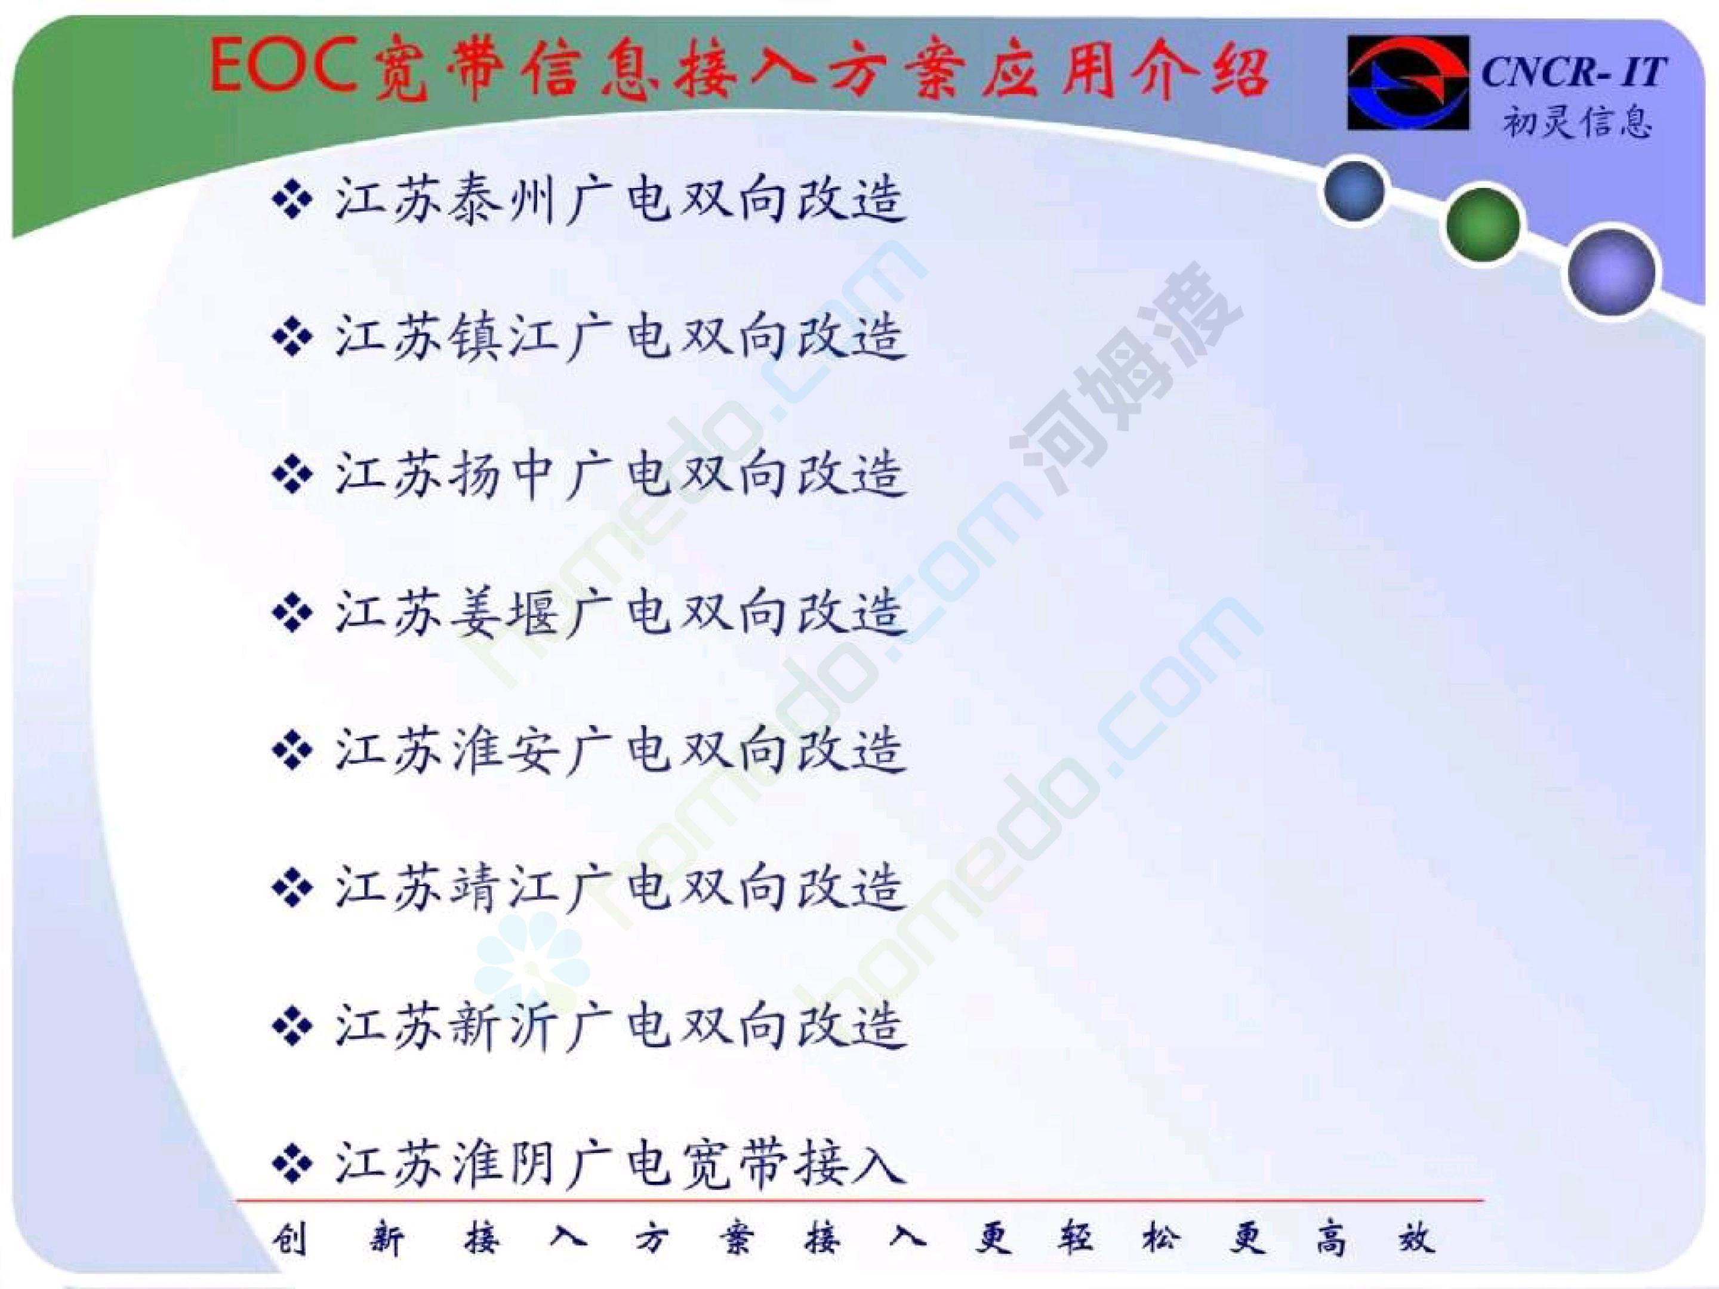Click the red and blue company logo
(1408, 82)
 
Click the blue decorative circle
(1354, 190)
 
